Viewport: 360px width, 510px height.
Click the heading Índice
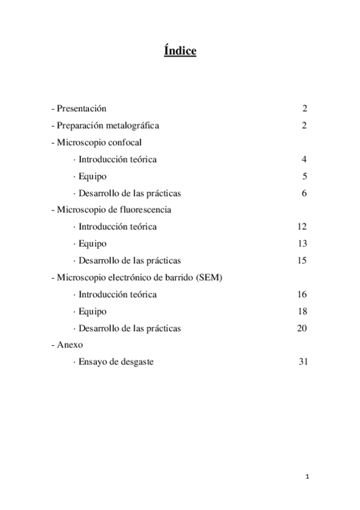point(180,52)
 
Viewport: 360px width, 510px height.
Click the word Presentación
point(81,109)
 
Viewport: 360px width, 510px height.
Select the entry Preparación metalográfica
point(108,126)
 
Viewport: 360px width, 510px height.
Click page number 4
point(305,159)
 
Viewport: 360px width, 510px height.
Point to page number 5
point(305,176)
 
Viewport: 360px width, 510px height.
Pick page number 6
point(305,193)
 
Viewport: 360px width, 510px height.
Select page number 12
point(302,227)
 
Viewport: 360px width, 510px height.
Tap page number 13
point(302,244)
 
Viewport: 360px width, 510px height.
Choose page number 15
point(302,260)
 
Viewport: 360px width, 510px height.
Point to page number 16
point(302,294)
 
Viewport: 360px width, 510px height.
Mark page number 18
point(302,312)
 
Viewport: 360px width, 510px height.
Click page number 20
point(302,328)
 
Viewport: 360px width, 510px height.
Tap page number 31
point(304,362)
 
